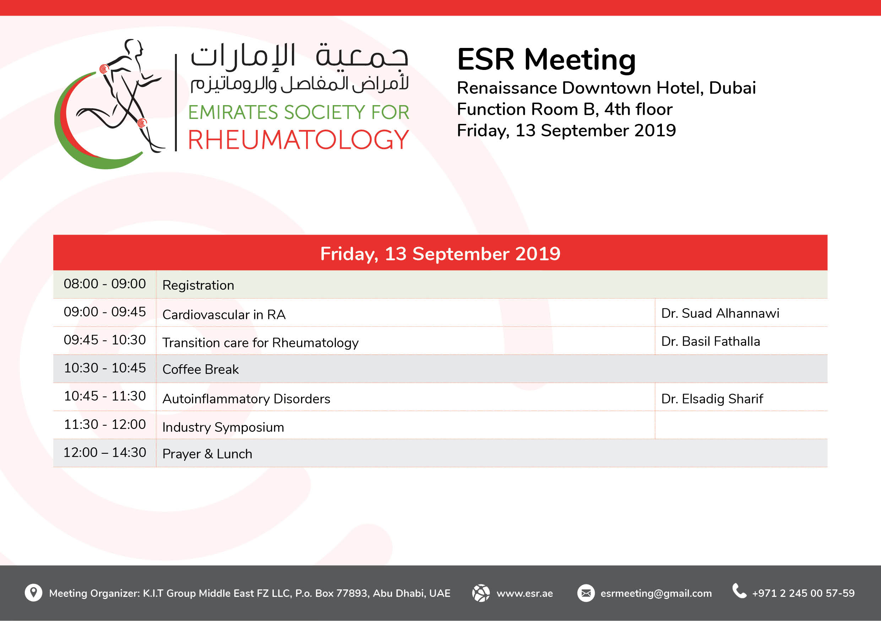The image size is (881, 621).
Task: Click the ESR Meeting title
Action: pyautogui.click(x=546, y=60)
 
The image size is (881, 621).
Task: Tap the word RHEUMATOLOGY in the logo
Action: pyautogui.click(x=298, y=139)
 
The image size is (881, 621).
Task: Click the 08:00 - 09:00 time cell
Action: pyautogui.click(x=105, y=284)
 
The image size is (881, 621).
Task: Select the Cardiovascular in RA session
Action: pyautogui.click(x=224, y=315)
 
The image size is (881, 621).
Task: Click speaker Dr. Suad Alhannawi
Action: pyautogui.click(x=720, y=314)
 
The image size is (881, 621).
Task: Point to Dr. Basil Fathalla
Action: pyautogui.click(x=711, y=341)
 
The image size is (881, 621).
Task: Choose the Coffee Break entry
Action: pyautogui.click(x=201, y=369)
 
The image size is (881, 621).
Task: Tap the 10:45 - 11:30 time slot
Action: pyautogui.click(x=105, y=396)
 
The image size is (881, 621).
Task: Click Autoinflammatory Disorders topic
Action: pyautogui.click(x=246, y=399)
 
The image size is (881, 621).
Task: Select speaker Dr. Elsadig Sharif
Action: pyautogui.click(x=712, y=399)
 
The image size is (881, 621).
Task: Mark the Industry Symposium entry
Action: pyautogui.click(x=223, y=427)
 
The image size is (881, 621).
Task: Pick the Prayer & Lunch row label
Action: pyautogui.click(x=207, y=454)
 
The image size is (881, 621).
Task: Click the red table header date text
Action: pyautogui.click(x=440, y=254)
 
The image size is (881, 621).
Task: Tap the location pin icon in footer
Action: pyautogui.click(x=33, y=593)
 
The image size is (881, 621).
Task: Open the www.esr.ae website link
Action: pyautogui.click(x=524, y=593)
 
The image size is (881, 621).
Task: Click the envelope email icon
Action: pyautogui.click(x=586, y=593)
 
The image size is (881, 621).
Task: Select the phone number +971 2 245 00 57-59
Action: pyautogui.click(x=803, y=593)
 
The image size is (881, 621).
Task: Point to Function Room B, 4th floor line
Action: pyautogui.click(x=565, y=109)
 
